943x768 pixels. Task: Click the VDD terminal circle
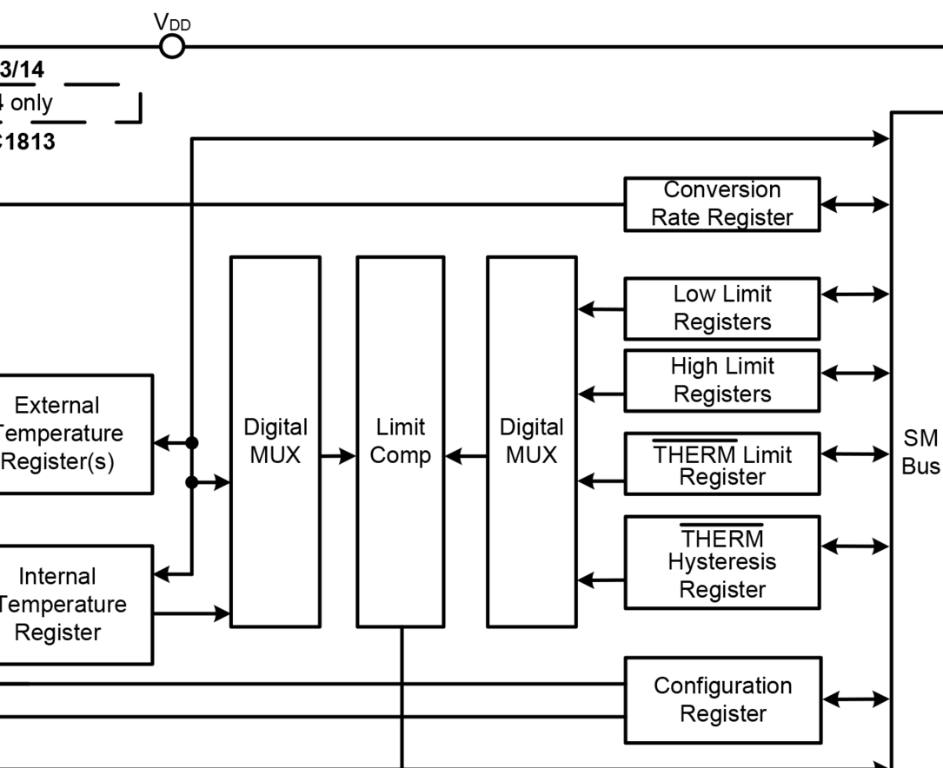(173, 46)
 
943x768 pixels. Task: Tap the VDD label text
(172, 23)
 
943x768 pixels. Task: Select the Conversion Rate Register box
(721, 204)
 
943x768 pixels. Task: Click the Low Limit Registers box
(721, 308)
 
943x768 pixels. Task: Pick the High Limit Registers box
(721, 381)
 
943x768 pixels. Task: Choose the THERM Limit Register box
(721, 464)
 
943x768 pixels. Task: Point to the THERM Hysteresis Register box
(721, 562)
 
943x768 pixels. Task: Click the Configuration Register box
(722, 699)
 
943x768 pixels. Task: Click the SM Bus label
(920, 452)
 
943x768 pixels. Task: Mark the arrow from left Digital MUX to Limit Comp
(338, 455)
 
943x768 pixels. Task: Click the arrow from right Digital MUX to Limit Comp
(465, 455)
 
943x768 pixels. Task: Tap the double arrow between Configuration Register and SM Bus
(855, 698)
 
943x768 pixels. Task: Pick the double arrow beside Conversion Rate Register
(855, 205)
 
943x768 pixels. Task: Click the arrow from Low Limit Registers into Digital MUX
(600, 308)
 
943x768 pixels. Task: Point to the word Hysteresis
(721, 562)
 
